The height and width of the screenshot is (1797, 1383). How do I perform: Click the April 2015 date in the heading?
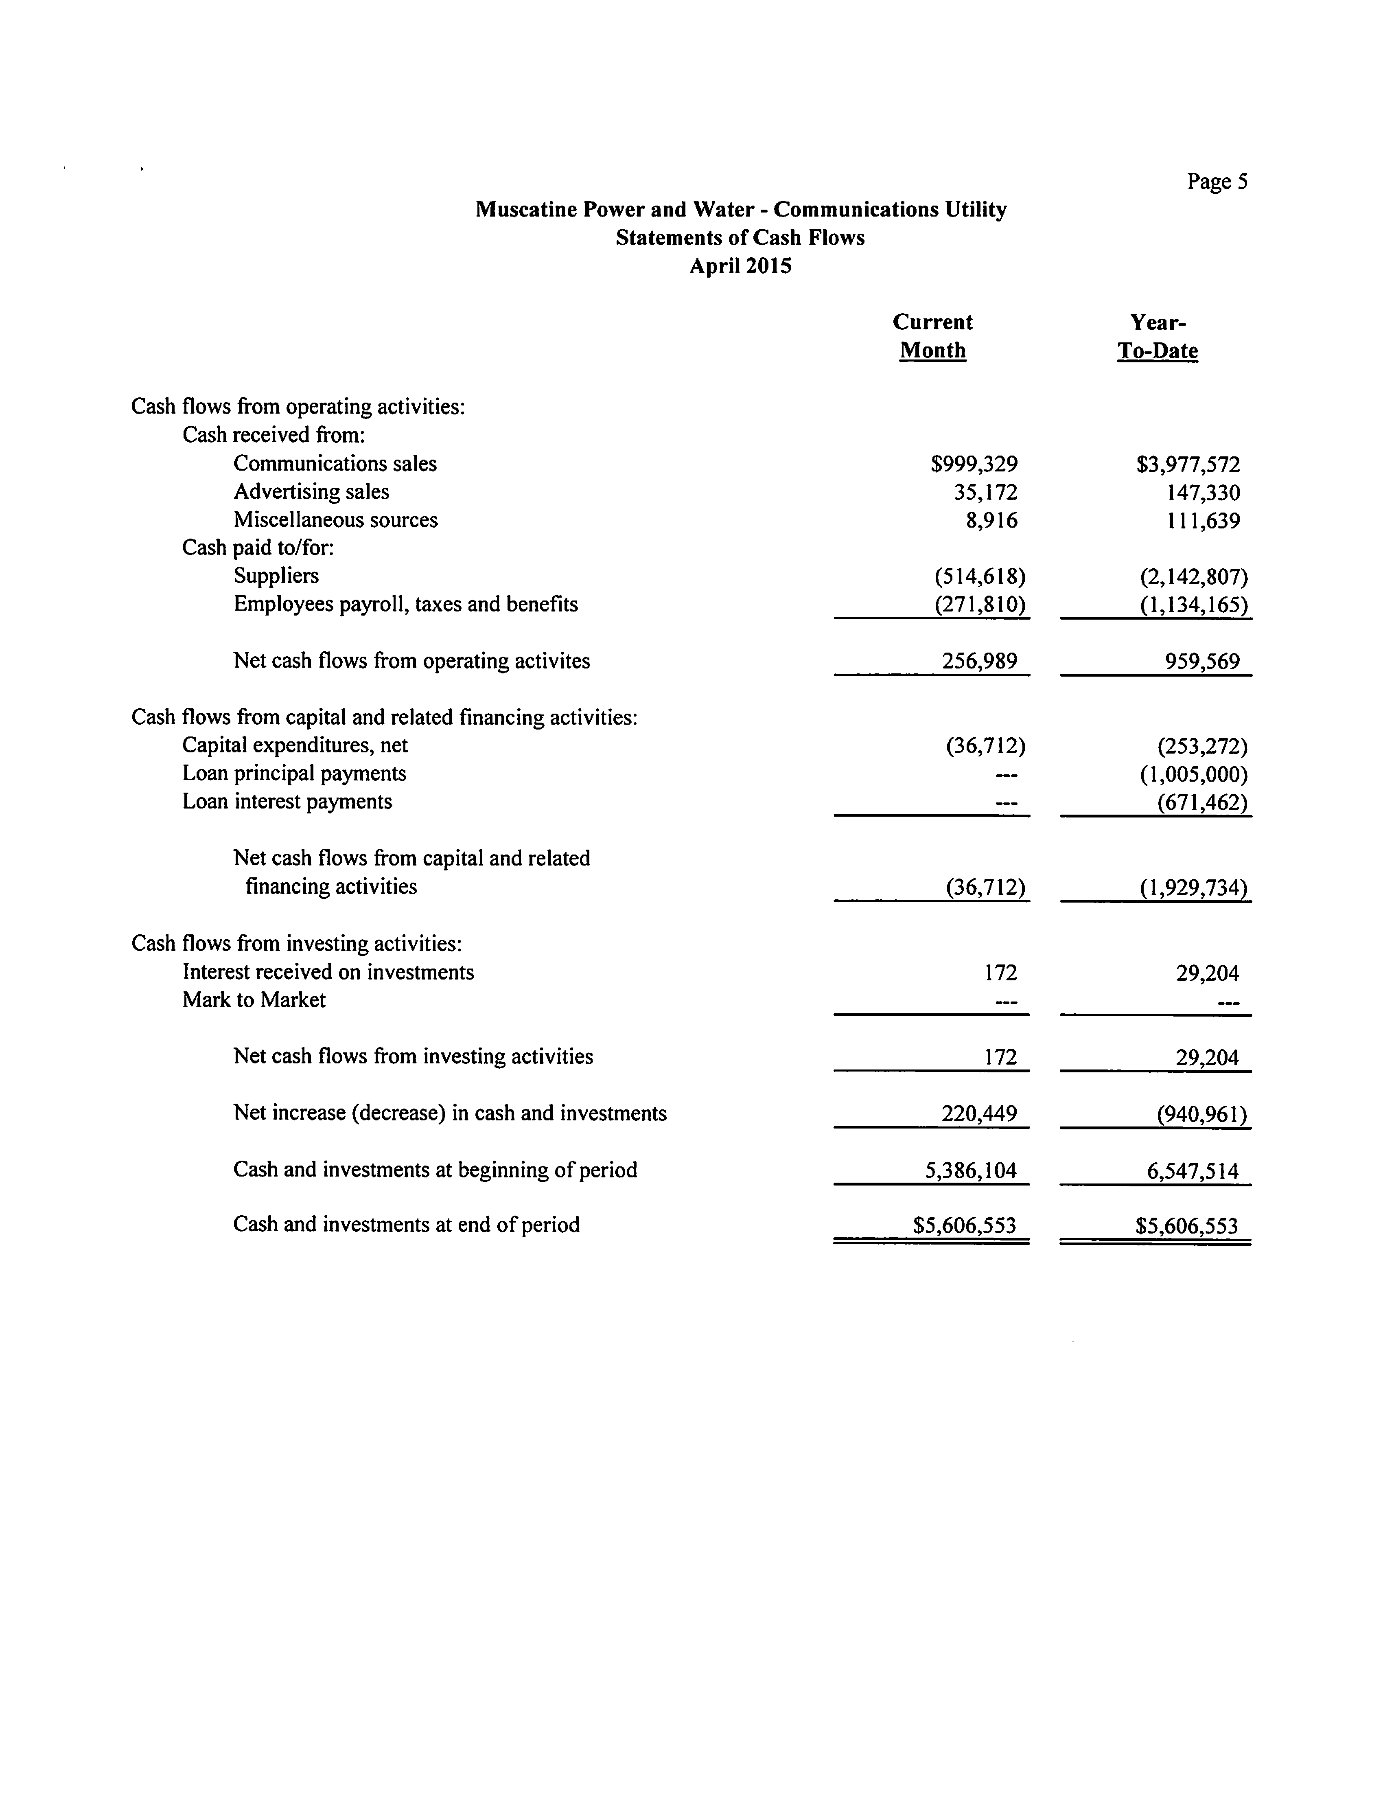point(740,266)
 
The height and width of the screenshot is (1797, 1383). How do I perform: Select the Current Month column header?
point(932,336)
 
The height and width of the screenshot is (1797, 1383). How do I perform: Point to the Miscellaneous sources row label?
point(335,520)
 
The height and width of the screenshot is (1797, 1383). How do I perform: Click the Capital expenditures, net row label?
point(295,745)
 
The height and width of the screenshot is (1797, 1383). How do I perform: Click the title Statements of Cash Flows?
point(740,238)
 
